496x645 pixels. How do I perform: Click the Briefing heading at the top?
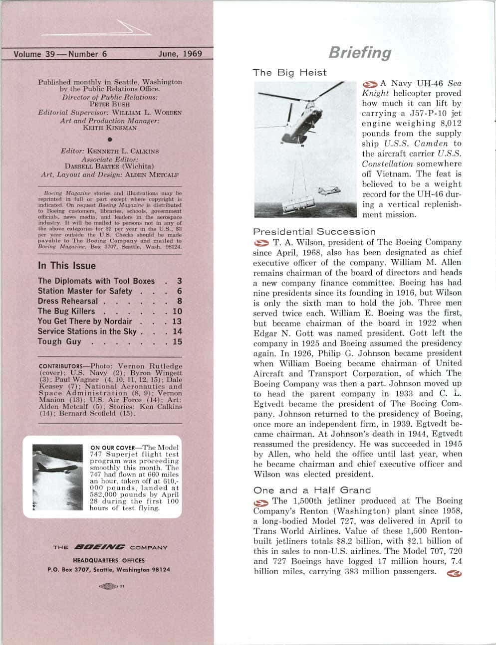(x=359, y=53)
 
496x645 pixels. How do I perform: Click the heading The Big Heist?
(x=289, y=72)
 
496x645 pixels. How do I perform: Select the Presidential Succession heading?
(x=314, y=232)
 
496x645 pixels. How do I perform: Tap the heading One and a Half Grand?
(x=312, y=490)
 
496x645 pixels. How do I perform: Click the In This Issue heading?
(x=66, y=266)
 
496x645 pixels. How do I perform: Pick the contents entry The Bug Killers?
(x=66, y=312)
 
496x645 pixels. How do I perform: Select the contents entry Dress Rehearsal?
(x=68, y=302)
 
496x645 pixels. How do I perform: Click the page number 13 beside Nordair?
(x=177, y=322)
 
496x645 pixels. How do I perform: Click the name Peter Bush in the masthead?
(x=110, y=105)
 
